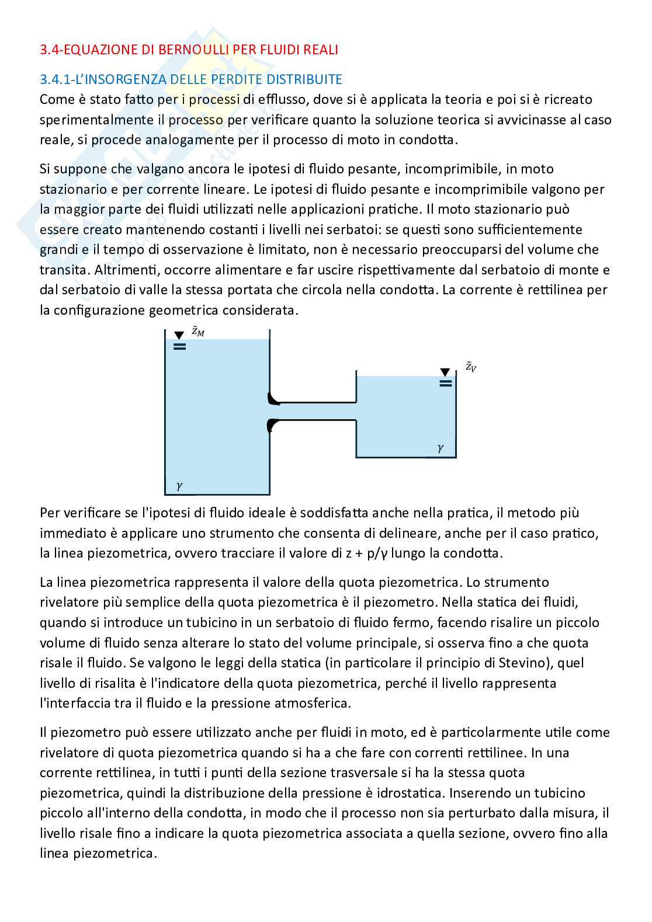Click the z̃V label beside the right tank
click(x=470, y=367)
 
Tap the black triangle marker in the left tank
click(x=179, y=335)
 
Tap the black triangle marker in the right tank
click(x=445, y=372)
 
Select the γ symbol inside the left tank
click(x=179, y=485)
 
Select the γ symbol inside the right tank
click(x=440, y=448)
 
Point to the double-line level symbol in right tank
click(x=445, y=384)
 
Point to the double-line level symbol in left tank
click(x=179, y=347)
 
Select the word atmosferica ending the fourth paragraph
click(x=315, y=703)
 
